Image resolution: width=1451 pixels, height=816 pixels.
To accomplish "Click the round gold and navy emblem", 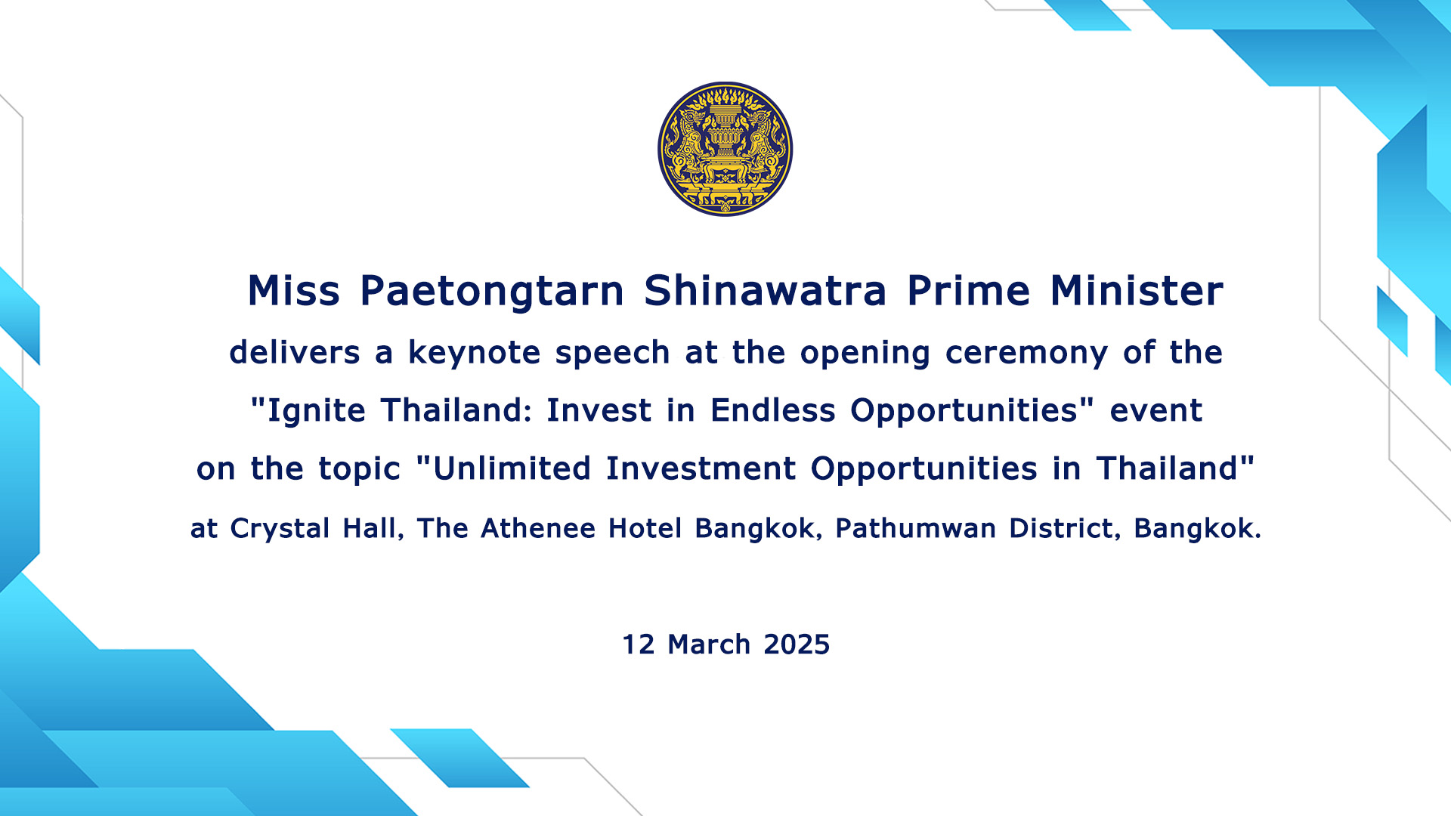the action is [x=725, y=149].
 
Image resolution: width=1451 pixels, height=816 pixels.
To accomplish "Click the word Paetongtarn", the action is [x=492, y=291].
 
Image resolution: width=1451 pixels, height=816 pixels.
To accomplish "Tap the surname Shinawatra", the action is [x=765, y=291].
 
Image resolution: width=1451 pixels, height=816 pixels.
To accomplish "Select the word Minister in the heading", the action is [x=1137, y=291].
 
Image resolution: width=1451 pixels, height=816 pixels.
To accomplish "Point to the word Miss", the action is [x=294, y=291].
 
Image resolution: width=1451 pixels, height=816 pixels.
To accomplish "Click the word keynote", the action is [x=475, y=353].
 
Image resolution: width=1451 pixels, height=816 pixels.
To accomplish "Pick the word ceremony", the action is [x=1026, y=353].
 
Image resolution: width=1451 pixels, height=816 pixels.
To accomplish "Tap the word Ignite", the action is [x=317, y=411].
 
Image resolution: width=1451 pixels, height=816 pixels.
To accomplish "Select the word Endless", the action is [x=773, y=410].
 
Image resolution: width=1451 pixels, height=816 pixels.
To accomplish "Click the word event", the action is [x=1156, y=411].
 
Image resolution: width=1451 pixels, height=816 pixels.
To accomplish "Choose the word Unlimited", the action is [x=512, y=468].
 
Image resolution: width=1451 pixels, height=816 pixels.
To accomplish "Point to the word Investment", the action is [x=701, y=468].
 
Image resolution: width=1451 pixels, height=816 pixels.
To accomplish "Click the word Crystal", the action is [x=280, y=529].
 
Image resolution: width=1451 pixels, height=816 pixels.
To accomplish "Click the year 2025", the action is [x=797, y=644].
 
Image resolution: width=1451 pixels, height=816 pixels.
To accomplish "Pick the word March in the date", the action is [x=709, y=644].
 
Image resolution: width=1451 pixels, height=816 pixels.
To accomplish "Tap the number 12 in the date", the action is [x=639, y=644].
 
